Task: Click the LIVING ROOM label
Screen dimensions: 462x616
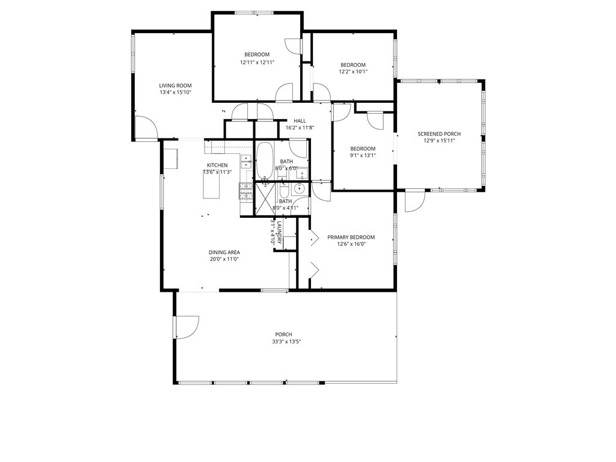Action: click(175, 85)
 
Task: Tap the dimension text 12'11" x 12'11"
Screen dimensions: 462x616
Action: click(257, 62)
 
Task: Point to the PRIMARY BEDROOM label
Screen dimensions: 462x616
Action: click(351, 237)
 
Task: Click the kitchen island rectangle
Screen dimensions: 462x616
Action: click(211, 188)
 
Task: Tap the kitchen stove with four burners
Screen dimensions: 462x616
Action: click(246, 191)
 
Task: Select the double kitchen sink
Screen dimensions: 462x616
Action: click(246, 161)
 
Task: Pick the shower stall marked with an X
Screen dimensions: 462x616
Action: click(264, 197)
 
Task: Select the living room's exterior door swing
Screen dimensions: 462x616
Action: click(146, 128)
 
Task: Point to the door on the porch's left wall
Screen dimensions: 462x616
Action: click(185, 327)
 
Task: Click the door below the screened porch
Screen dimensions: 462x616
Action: click(414, 201)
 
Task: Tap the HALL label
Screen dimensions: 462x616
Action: click(300, 121)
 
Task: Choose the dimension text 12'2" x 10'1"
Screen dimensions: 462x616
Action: click(353, 72)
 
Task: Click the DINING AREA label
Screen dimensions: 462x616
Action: click(224, 252)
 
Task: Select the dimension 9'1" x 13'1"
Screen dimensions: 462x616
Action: click(363, 156)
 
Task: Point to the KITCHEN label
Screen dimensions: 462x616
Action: click(217, 165)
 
